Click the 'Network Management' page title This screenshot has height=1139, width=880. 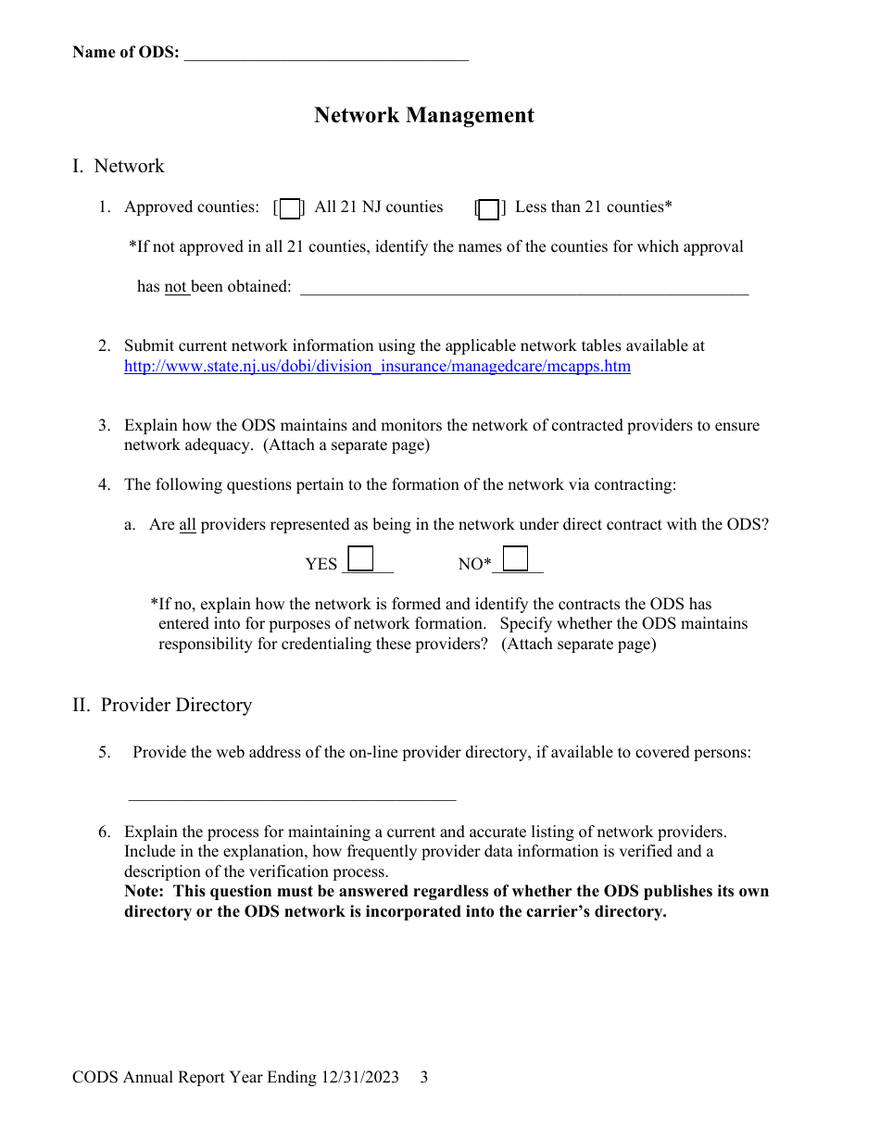pyautogui.click(x=423, y=115)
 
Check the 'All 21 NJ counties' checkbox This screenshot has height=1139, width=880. pyautogui.click(x=290, y=208)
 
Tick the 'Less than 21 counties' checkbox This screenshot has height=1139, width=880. pyautogui.click(x=488, y=208)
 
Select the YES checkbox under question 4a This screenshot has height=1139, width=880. pyautogui.click(x=360, y=558)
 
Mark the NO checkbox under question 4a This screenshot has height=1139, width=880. pyautogui.click(x=516, y=558)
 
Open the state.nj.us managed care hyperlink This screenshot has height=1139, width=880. pyautogui.click(x=377, y=366)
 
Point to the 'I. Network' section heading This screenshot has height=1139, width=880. pyautogui.click(x=119, y=166)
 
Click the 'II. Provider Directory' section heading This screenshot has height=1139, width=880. pyautogui.click(x=162, y=705)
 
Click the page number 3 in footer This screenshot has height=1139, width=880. pyautogui.click(x=424, y=1077)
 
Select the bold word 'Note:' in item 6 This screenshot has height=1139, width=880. pyautogui.click(x=146, y=891)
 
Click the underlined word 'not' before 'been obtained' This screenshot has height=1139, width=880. pyautogui.click(x=176, y=286)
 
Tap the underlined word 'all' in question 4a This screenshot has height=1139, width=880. pyautogui.click(x=187, y=524)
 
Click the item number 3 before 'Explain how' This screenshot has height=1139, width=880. pyautogui.click(x=104, y=425)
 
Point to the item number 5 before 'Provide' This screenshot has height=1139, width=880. pyautogui.click(x=104, y=752)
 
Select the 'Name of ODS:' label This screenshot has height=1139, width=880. pyautogui.click(x=126, y=52)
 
